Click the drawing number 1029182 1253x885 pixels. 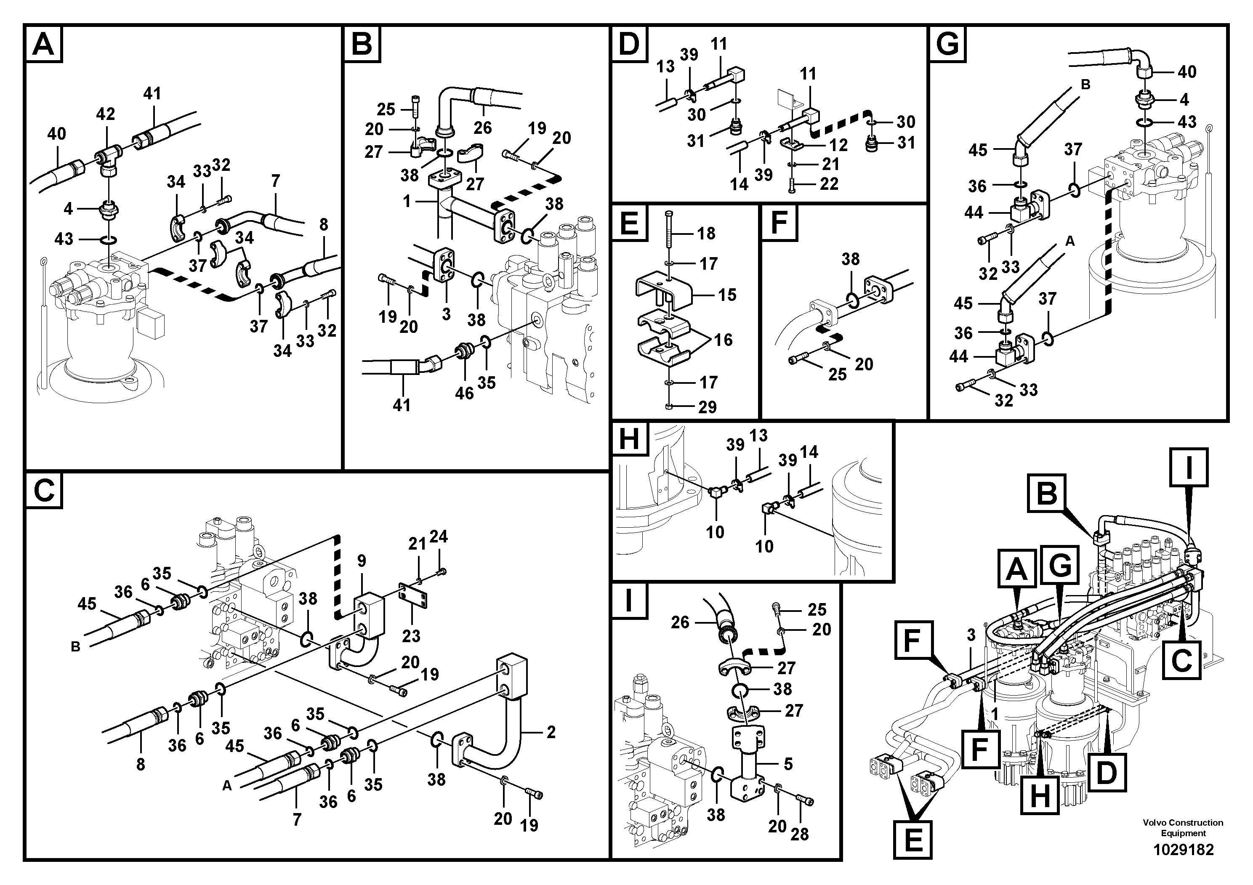click(x=1183, y=850)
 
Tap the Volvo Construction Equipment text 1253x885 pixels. click(x=1183, y=828)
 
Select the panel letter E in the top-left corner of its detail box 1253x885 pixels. click(x=629, y=223)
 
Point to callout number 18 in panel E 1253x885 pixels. click(x=706, y=234)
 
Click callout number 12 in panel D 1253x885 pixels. click(x=838, y=145)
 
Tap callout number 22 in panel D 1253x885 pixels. click(x=829, y=184)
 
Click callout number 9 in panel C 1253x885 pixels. click(x=361, y=561)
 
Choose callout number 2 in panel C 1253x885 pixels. click(x=551, y=732)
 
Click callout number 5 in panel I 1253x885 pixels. click(x=788, y=764)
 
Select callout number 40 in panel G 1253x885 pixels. click(x=1186, y=72)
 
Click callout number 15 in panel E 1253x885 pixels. click(x=727, y=295)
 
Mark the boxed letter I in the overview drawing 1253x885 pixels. click(x=1189, y=467)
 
